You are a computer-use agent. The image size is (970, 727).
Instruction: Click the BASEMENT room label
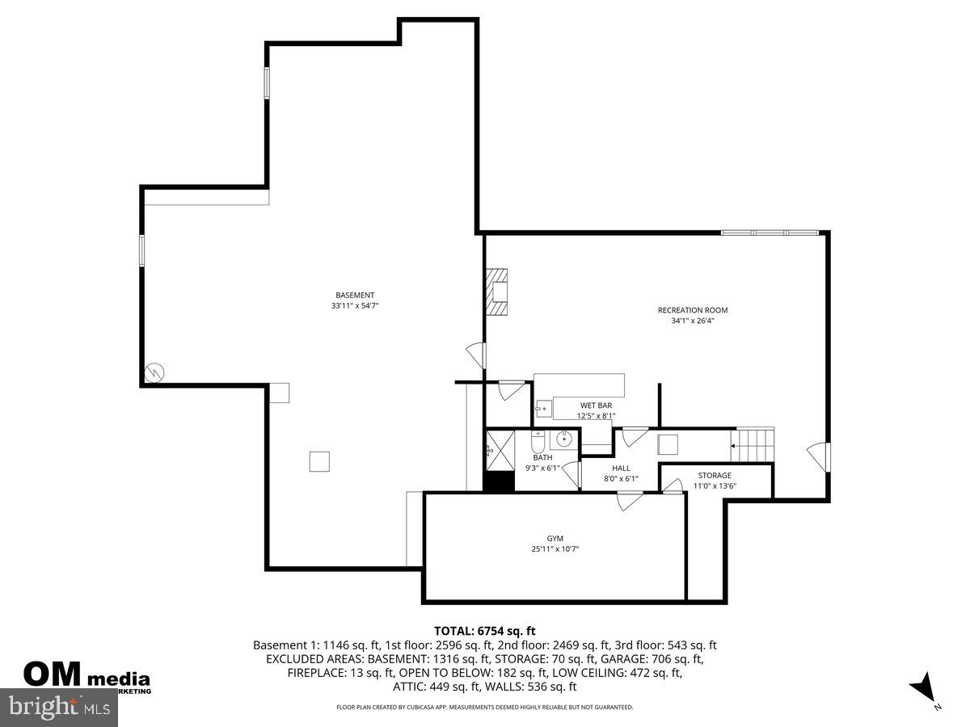(x=355, y=295)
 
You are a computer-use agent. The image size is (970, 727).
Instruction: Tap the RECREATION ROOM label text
(x=687, y=310)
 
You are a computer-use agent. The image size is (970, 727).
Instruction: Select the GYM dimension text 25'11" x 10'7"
(x=555, y=549)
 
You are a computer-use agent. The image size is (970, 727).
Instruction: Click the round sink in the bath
(x=564, y=440)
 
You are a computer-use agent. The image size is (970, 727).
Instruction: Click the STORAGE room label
(x=715, y=476)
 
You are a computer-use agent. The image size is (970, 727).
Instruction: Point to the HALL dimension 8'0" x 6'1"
(x=621, y=478)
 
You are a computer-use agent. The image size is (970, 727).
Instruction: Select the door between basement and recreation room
(x=477, y=355)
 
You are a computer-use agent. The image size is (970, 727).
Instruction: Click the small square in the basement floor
(x=319, y=460)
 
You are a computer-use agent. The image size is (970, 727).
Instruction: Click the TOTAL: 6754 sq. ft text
(x=485, y=631)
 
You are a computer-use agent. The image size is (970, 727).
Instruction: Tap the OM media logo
(x=86, y=675)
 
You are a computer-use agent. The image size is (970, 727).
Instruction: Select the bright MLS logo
(x=58, y=708)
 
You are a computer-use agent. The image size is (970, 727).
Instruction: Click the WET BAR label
(x=596, y=406)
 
